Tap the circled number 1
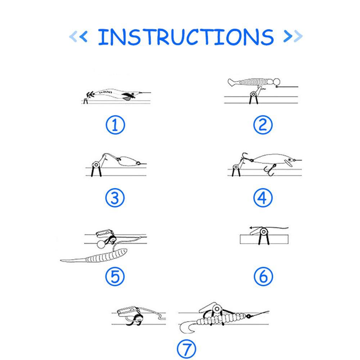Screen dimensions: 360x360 pos(115,125)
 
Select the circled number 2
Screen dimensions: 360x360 pos(263,125)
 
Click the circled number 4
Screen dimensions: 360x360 pos(263,198)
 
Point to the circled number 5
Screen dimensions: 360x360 pos(115,276)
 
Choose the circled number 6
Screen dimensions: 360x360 pos(263,276)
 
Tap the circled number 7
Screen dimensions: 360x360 pos(186,348)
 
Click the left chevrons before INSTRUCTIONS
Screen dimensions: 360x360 pos(78,36)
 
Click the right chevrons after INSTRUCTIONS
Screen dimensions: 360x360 pos(293,36)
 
